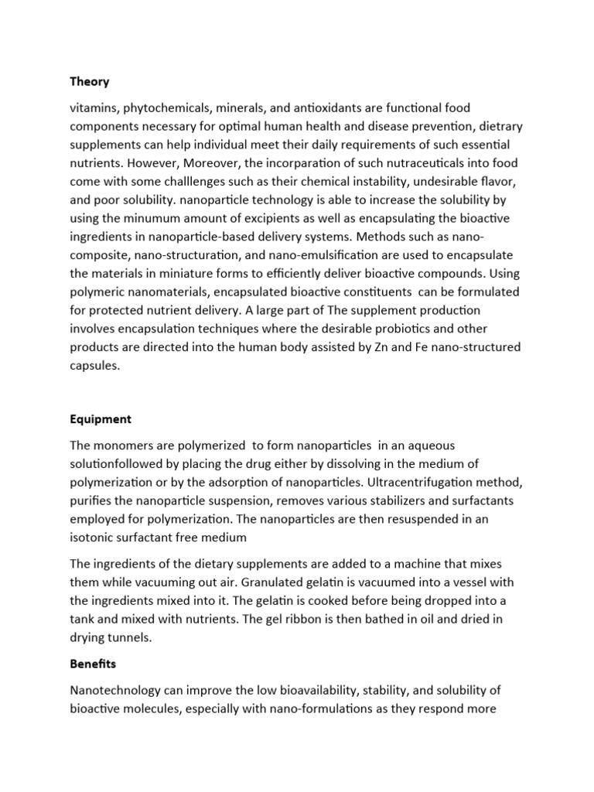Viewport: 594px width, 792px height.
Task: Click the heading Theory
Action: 90,82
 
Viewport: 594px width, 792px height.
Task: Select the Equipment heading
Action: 101,419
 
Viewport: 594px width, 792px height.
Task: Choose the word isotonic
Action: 94,538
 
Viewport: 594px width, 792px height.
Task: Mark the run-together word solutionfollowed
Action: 118,464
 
